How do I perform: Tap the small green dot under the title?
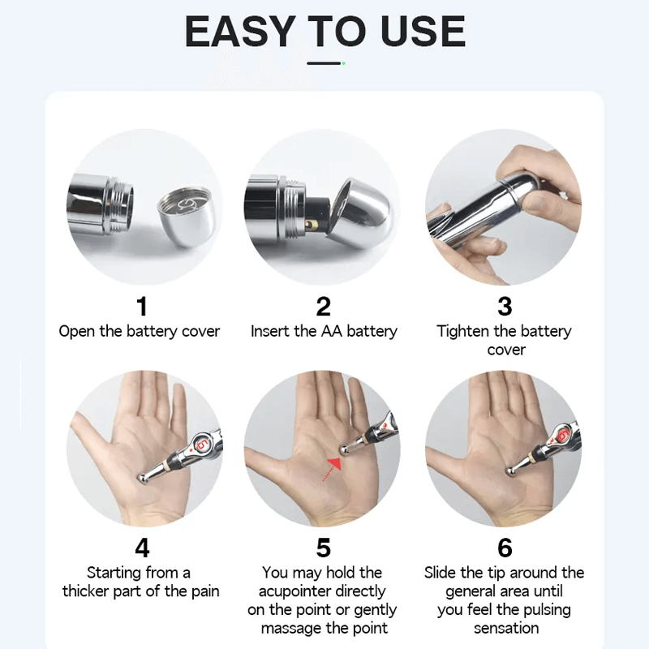click(343, 62)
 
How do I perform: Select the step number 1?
click(142, 306)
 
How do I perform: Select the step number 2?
click(324, 306)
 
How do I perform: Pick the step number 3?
click(505, 306)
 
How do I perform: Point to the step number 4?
click(142, 548)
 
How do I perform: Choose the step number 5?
click(324, 548)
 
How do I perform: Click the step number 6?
click(505, 548)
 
